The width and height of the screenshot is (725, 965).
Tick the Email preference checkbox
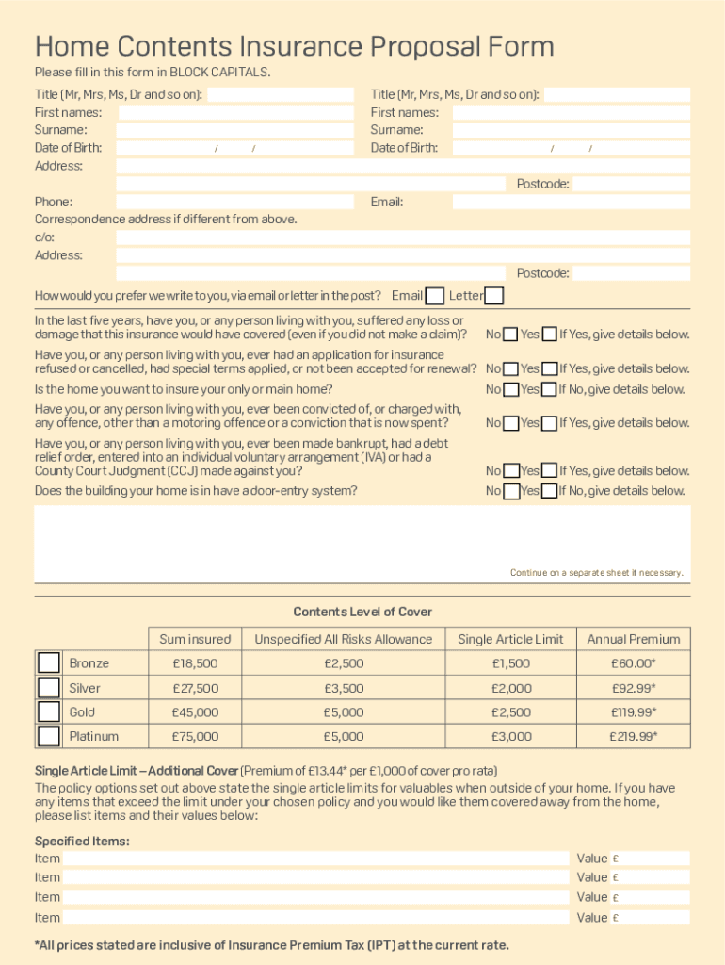coord(434,296)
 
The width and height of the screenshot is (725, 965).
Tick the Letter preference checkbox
coord(493,296)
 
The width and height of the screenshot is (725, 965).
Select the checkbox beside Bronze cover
coord(49,662)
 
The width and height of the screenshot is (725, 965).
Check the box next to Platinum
coord(49,736)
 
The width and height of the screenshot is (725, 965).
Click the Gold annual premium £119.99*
coord(633,712)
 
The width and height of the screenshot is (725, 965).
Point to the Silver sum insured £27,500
coord(195,688)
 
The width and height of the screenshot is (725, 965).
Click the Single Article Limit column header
coord(510,639)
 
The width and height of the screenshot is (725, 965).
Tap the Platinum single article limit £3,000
coord(510,736)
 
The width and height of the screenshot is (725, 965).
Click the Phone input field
coord(234,202)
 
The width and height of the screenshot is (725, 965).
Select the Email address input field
coord(571,202)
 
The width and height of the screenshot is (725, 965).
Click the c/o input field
coord(403,237)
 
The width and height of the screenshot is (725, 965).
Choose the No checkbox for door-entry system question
coord(510,491)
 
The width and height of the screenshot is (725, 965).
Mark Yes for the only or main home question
coord(549,389)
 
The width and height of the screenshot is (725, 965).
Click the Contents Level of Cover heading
coord(362,612)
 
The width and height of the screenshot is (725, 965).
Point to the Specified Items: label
coord(82,841)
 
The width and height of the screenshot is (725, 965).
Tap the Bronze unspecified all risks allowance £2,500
coord(343,663)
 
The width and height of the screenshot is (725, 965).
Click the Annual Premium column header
coord(633,639)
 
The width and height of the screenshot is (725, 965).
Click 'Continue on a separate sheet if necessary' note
coord(596,572)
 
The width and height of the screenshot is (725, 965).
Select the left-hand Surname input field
coord(235,130)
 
